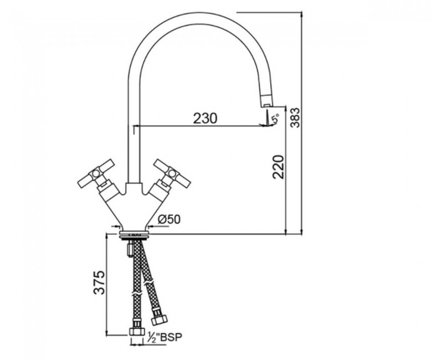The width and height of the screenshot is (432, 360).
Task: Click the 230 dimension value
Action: point(205,118)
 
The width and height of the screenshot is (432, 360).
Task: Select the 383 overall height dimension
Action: point(296,117)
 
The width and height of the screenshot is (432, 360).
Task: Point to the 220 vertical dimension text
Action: point(278,167)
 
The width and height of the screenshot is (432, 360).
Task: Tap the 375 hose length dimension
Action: point(99,282)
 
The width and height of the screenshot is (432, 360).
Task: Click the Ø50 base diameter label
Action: point(169,219)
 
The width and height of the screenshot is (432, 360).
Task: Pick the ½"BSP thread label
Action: point(165,337)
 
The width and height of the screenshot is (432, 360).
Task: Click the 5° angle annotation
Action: point(275,119)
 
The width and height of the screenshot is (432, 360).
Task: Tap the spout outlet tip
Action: point(266,105)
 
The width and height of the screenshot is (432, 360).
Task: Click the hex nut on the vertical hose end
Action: point(136,331)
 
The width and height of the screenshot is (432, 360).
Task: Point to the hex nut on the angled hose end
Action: point(159,320)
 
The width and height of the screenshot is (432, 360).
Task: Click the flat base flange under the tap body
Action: point(134,234)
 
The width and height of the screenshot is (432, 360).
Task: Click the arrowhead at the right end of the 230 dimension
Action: point(263,126)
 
